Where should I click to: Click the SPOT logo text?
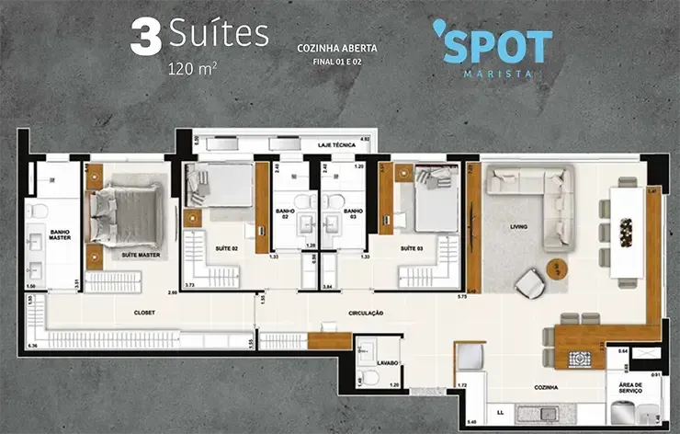coord(498,47)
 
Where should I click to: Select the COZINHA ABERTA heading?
coord(337,48)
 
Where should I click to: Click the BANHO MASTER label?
coord(35,235)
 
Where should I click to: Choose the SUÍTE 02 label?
coord(226,248)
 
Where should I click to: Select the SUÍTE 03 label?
coord(412,248)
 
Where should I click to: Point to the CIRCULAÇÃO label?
coord(365,314)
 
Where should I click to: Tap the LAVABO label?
coord(387,363)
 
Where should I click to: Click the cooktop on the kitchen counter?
coord(581,359)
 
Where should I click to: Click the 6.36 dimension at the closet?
coord(33,346)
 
